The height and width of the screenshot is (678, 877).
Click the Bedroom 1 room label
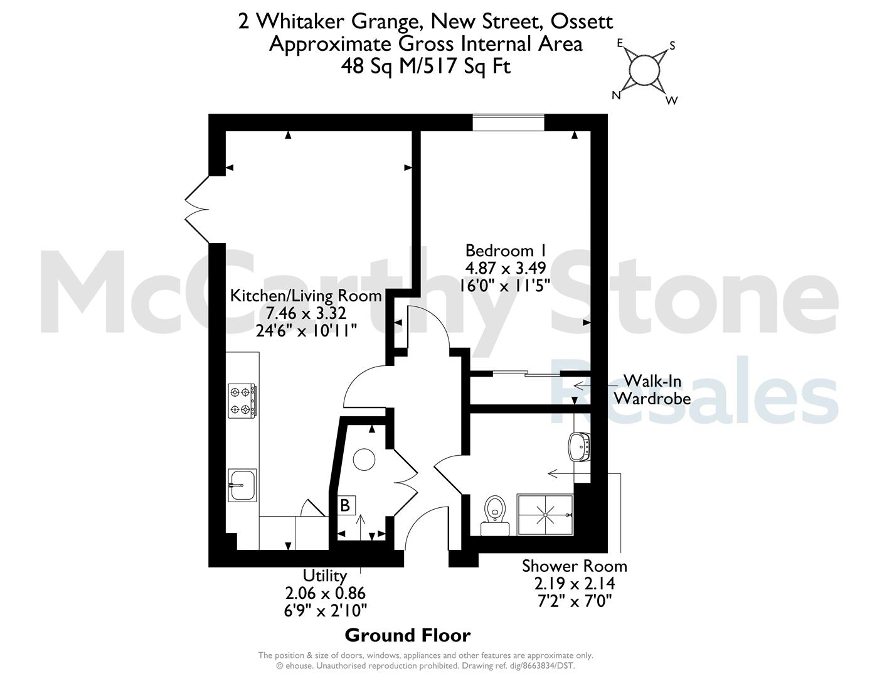pos(505,250)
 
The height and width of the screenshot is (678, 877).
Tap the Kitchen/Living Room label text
pos(306,296)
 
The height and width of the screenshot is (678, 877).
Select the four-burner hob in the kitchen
pos(242,401)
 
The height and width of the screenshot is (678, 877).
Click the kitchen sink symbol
pos(242,485)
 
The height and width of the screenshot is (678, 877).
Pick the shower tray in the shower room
pos(545,515)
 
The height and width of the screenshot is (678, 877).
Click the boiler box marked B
pos(345,505)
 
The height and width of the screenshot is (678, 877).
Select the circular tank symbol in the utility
pos(364,460)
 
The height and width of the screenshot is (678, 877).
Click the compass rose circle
pos(644,71)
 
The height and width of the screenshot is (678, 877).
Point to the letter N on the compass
pos(616,95)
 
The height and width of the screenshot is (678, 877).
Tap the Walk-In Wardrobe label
pos(652,390)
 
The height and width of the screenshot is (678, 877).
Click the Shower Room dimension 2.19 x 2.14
pos(575,583)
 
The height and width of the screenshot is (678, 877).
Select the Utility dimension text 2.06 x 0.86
pos(326,593)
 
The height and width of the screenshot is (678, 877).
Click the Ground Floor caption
pos(408,635)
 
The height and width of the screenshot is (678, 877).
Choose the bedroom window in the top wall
pos(509,123)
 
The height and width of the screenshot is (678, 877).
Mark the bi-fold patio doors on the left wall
pos(198,210)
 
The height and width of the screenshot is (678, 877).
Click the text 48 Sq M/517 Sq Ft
pos(426,66)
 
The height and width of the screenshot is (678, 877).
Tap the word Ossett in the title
pos(582,21)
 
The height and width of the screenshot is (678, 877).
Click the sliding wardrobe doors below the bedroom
pos(526,373)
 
